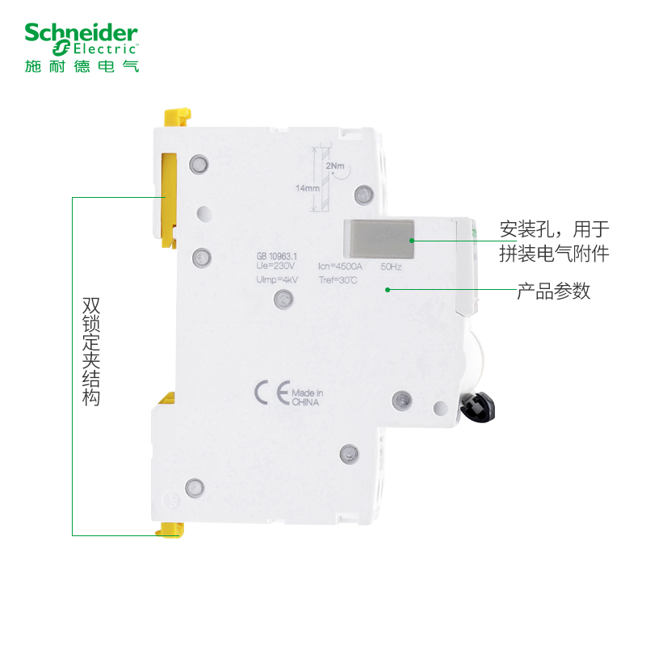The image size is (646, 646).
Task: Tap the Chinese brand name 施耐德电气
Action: point(82,65)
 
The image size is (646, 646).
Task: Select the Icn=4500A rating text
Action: point(339,266)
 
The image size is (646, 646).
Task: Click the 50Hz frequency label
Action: point(391,266)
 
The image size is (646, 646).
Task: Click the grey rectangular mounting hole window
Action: point(379,240)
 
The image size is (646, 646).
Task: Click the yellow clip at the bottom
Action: point(170,529)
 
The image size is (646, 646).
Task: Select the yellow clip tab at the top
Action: point(178,118)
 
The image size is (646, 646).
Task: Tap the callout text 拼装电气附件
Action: point(554,254)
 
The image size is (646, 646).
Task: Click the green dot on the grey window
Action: point(411,240)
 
